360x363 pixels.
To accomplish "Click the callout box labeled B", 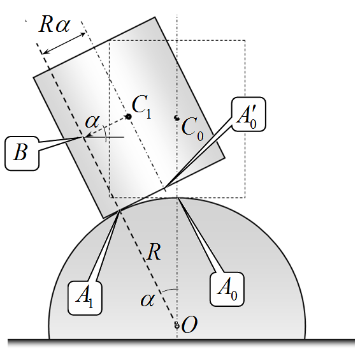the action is [22, 153].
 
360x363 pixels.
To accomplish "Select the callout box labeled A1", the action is [85, 298].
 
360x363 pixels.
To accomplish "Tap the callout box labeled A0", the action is [227, 289].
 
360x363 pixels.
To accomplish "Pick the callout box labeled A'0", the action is [248, 114].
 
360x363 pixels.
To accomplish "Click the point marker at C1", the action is [128, 117].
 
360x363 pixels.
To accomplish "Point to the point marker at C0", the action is [177, 118].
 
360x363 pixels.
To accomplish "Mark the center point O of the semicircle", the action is [177, 325].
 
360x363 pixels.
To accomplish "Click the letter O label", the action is [190, 325].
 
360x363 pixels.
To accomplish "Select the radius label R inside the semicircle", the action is [154, 252].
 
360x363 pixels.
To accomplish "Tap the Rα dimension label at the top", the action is [55, 24].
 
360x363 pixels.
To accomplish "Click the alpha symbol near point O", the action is [147, 300].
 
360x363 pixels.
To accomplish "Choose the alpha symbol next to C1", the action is [92, 121].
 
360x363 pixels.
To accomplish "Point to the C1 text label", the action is [141, 107].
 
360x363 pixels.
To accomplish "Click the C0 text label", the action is [192, 129].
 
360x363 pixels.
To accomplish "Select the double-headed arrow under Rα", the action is [64, 44].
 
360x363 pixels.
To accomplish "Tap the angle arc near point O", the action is [169, 290].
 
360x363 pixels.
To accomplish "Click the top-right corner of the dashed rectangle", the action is [245, 40].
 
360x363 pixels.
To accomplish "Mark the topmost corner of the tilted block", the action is [155, 17].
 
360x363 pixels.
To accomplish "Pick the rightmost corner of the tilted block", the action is [225, 158].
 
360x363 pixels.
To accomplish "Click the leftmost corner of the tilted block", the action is [34, 77].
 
